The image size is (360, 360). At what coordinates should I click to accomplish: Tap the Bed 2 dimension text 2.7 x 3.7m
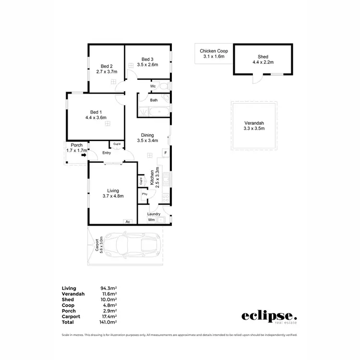pos(107,72)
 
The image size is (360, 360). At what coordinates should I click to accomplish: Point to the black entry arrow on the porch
pos(84,155)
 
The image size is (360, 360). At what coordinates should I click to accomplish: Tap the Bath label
pos(154,100)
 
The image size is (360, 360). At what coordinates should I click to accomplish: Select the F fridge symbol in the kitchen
pos(165,153)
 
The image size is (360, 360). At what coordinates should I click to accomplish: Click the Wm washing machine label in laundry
pos(151,220)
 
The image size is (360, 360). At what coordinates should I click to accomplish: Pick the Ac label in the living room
pos(128,222)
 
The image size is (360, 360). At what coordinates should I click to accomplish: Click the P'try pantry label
pos(144,194)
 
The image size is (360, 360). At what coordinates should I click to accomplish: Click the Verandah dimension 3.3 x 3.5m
pos(254,128)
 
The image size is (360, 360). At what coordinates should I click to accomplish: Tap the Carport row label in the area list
pos(71,316)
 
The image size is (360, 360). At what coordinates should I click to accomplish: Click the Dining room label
pos(147,135)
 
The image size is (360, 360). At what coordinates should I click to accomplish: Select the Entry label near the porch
pos(106,153)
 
